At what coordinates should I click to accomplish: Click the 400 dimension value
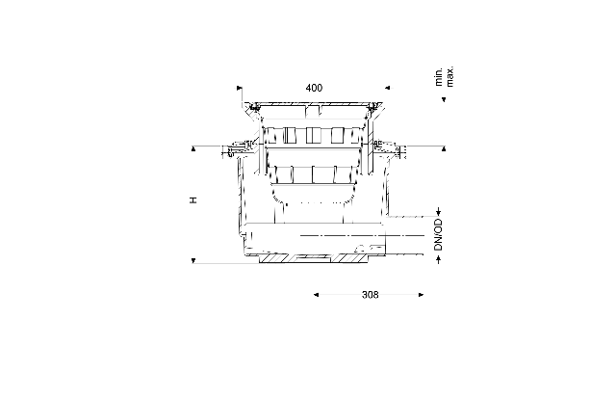pos(314,88)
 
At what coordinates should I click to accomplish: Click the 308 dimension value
pos(370,295)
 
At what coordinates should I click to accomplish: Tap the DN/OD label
pos(439,235)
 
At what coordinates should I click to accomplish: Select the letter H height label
pos(192,200)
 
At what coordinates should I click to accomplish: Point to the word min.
pos(439,77)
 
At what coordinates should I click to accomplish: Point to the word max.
pos(449,76)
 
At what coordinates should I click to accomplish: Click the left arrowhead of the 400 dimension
pos(240,88)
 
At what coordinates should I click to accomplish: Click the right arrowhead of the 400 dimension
pos(387,88)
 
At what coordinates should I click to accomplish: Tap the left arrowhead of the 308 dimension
pos(317,295)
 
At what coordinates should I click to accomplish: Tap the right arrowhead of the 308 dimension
pos(422,295)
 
